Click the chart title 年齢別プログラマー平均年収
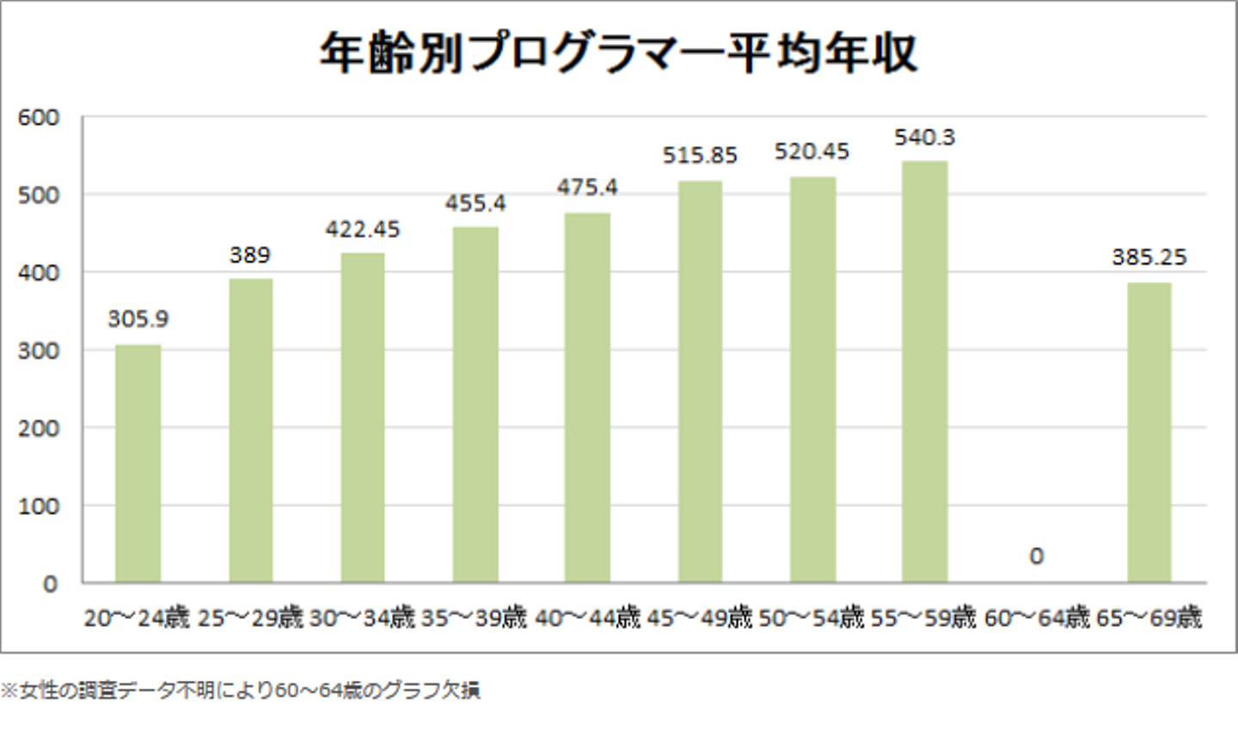pyautogui.click(x=618, y=53)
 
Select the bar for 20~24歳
pyautogui.click(x=138, y=464)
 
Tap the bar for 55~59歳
pyautogui.click(x=924, y=371)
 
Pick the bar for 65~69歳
pyautogui.click(x=1149, y=432)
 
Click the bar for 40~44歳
pyautogui.click(x=587, y=397)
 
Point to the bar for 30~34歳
pyautogui.click(x=362, y=418)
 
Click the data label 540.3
pyautogui.click(x=924, y=138)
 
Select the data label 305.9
pyautogui.click(x=138, y=319)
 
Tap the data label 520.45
pyautogui.click(x=812, y=151)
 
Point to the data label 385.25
pyautogui.click(x=1149, y=257)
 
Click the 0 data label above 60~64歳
pyautogui.click(x=1036, y=556)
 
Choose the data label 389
pyautogui.click(x=249, y=255)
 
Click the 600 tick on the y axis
pyautogui.click(x=39, y=117)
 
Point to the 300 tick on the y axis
pyautogui.click(x=39, y=351)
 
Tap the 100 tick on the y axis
pyautogui.click(x=39, y=506)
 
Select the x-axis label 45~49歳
pyautogui.click(x=699, y=617)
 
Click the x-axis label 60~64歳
pyautogui.click(x=1036, y=617)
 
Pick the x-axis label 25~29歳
pyautogui.click(x=250, y=617)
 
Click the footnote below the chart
pyautogui.click(x=241, y=690)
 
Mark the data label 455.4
pyautogui.click(x=475, y=204)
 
